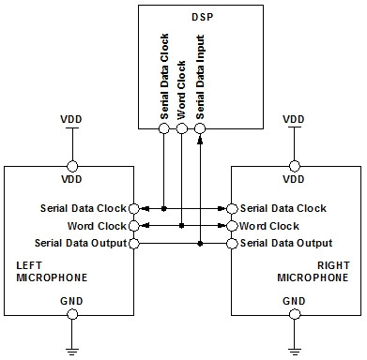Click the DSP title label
point(202,17)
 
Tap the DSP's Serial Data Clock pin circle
point(164,128)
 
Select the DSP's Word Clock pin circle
point(182,128)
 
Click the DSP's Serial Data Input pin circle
point(200,128)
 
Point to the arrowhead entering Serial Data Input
point(200,140)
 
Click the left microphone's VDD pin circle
point(72,166)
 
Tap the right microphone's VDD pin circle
point(295,166)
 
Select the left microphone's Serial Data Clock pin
point(134,208)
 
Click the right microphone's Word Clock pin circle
point(232,226)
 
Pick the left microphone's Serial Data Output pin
point(134,244)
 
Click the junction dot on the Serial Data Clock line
point(163,208)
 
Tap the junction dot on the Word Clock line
point(182,226)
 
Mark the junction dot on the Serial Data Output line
point(200,244)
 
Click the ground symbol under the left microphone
point(72,352)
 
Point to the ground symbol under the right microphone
point(295,352)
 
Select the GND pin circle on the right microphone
point(295,314)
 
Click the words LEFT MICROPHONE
point(52,271)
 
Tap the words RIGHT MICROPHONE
point(313,271)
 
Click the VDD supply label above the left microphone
point(71,119)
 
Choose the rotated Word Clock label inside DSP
point(181,90)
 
